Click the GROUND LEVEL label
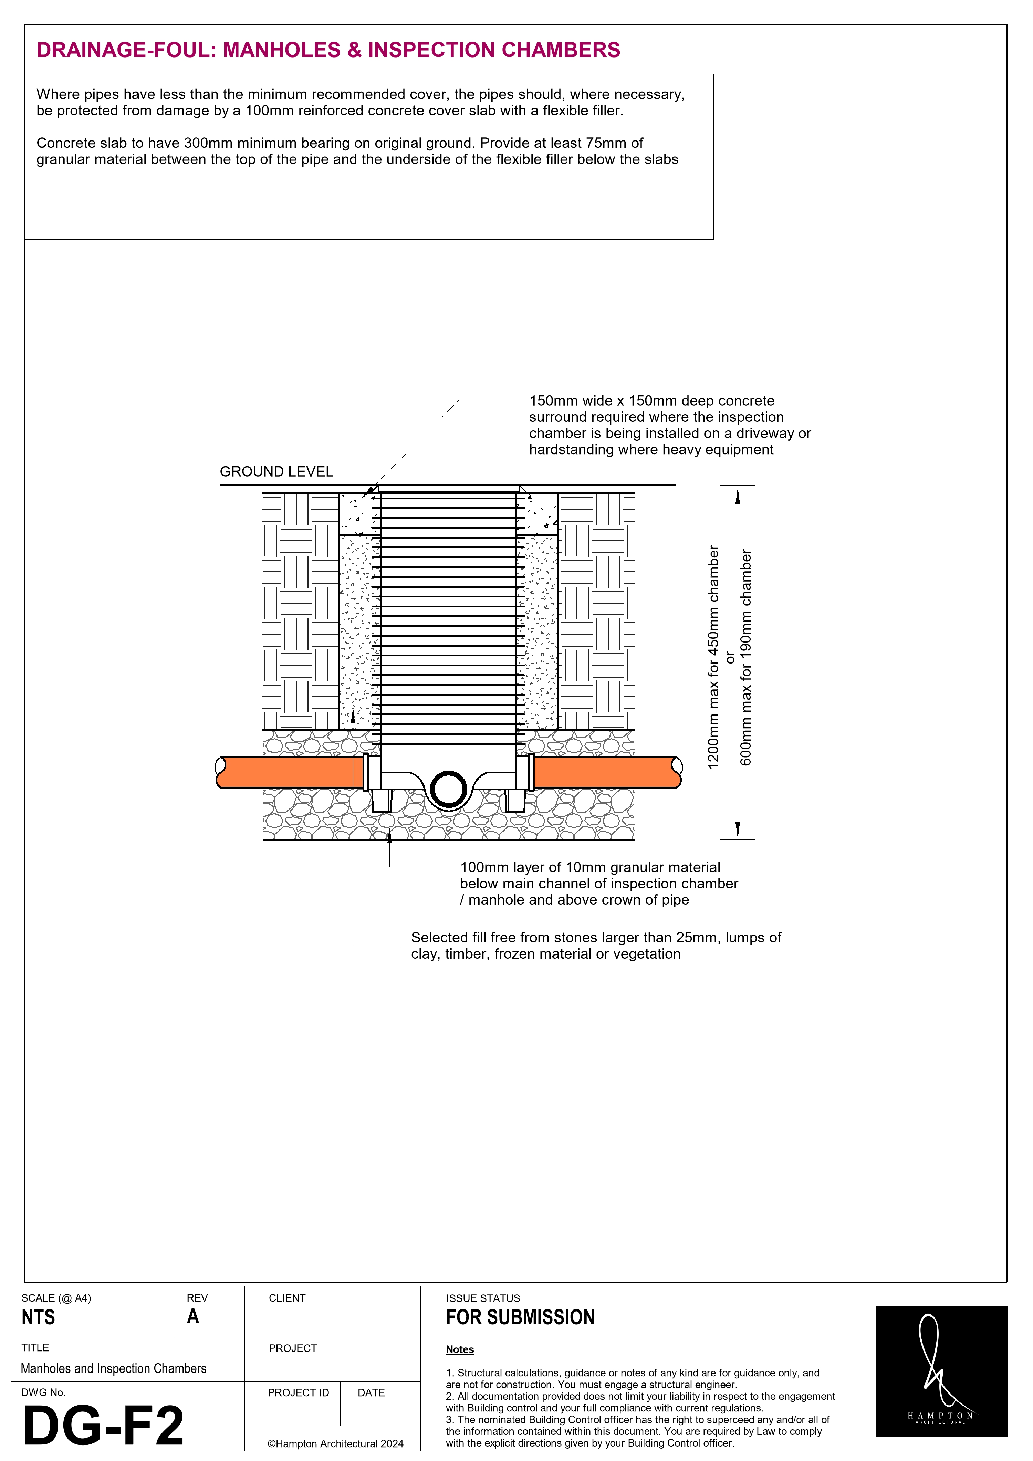(x=276, y=471)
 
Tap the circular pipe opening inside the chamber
(x=449, y=789)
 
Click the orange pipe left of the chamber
(x=290, y=772)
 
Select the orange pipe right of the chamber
(x=605, y=772)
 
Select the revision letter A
(x=193, y=1317)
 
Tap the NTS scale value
(x=38, y=1317)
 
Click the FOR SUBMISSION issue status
(x=520, y=1317)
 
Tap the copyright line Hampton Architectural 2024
(x=335, y=1444)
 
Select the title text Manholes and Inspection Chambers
(x=113, y=1369)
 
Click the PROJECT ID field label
(x=298, y=1393)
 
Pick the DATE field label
(x=371, y=1393)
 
